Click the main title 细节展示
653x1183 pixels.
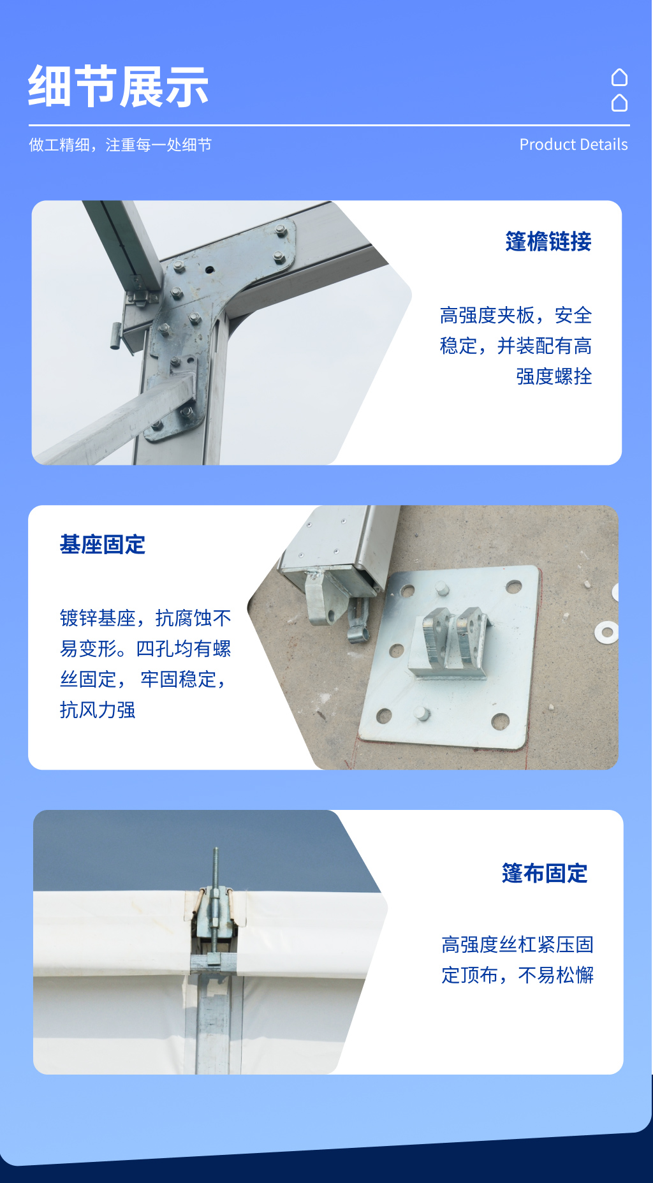click(x=119, y=87)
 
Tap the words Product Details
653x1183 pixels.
click(x=573, y=145)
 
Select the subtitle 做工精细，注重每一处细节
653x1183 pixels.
click(x=120, y=145)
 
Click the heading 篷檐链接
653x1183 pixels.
click(x=548, y=242)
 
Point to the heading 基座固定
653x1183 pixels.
click(x=103, y=545)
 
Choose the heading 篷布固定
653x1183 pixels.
click(x=545, y=873)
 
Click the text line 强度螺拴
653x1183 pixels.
click(x=554, y=376)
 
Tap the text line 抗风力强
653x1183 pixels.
click(x=98, y=710)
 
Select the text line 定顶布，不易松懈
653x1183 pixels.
click(x=517, y=975)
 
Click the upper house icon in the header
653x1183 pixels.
click(x=619, y=77)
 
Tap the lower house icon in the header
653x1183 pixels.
click(x=619, y=103)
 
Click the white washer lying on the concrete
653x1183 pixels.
click(x=606, y=632)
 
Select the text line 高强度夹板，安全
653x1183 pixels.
click(x=515, y=315)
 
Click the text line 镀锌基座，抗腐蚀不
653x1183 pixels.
click(x=145, y=618)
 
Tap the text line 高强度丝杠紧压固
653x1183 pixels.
click(x=517, y=944)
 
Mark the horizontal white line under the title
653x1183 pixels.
click(x=329, y=125)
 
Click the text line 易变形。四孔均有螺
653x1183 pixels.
click(x=145, y=649)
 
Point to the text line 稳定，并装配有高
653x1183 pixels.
click(x=515, y=346)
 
